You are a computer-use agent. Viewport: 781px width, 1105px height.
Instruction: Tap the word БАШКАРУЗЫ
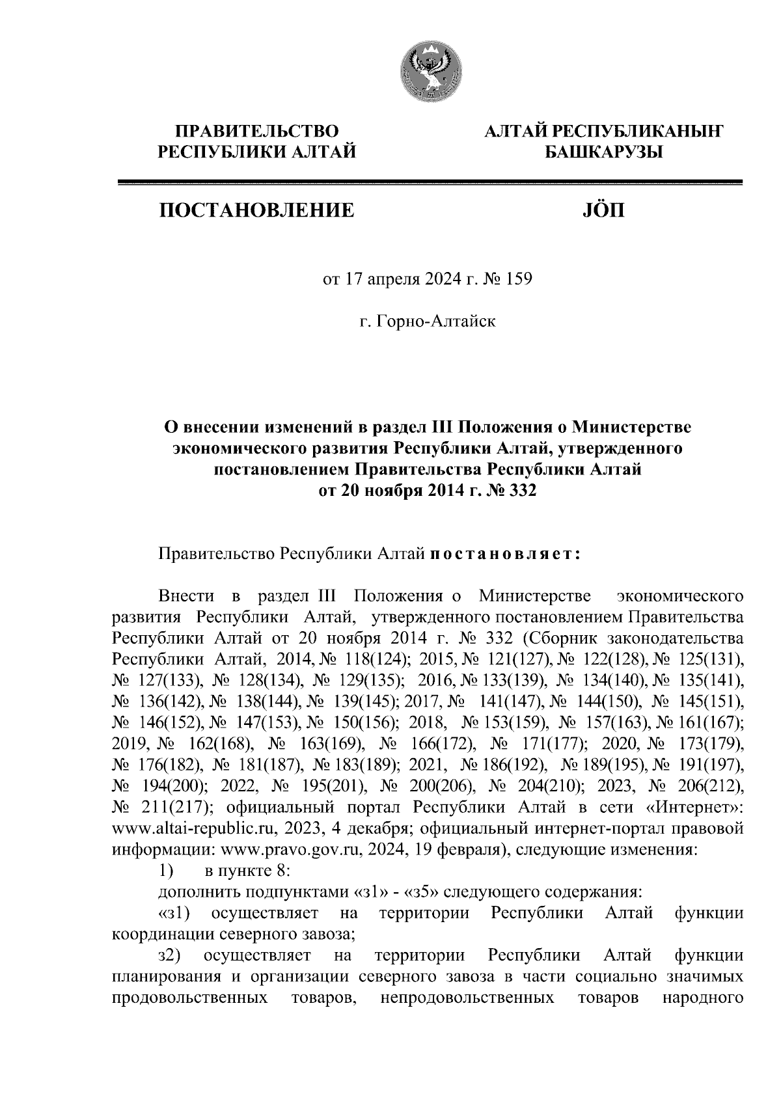point(603,153)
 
